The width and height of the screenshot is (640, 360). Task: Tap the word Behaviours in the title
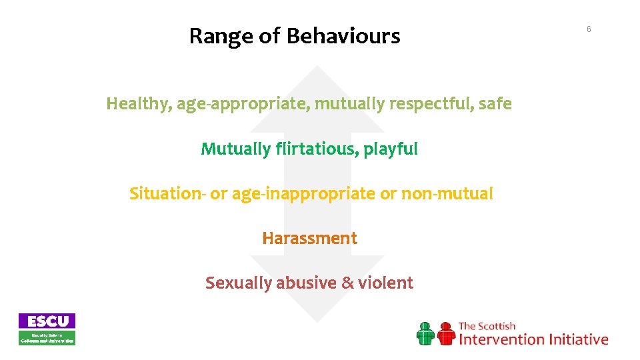[343, 36]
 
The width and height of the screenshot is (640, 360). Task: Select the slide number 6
[589, 29]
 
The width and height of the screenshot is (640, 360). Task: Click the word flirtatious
[316, 149]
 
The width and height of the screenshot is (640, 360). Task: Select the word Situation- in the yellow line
[167, 193]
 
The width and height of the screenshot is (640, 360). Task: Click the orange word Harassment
[309, 238]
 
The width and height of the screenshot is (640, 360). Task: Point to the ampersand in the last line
[347, 283]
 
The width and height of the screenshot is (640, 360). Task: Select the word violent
[385, 283]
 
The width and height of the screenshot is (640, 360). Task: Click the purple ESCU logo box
[47, 321]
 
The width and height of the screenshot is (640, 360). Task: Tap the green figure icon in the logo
[425, 333]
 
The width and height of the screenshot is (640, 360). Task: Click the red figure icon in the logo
[445, 333]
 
